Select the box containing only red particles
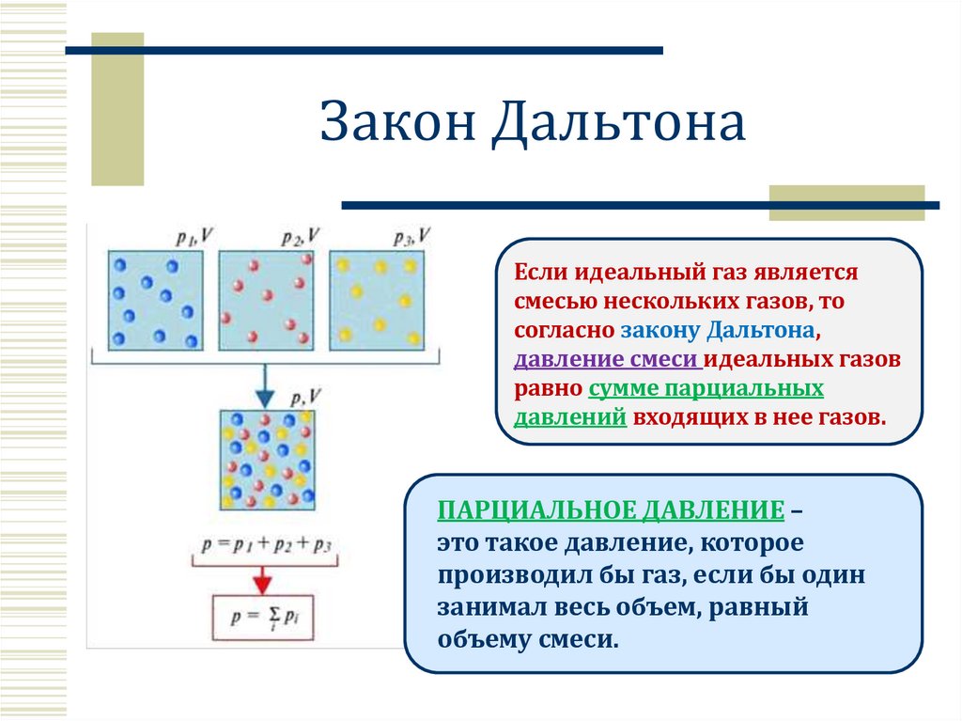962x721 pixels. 266,300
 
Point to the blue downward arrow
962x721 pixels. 266,384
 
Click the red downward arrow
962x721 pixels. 266,576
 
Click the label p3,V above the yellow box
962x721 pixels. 413,237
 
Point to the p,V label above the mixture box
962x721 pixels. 307,398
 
